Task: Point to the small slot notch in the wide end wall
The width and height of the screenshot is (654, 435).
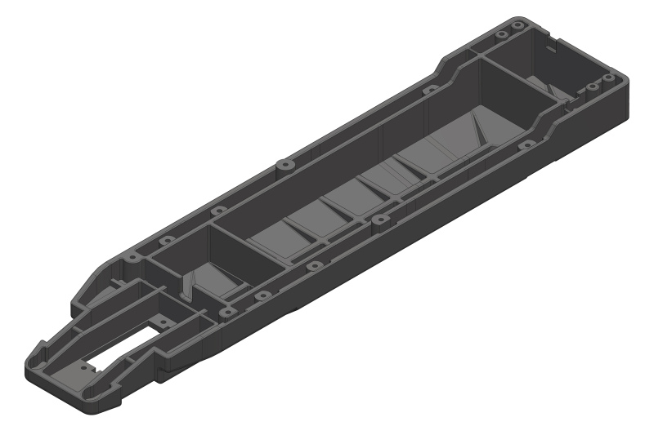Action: point(553,48)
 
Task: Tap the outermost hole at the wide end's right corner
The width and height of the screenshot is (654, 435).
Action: point(607,78)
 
